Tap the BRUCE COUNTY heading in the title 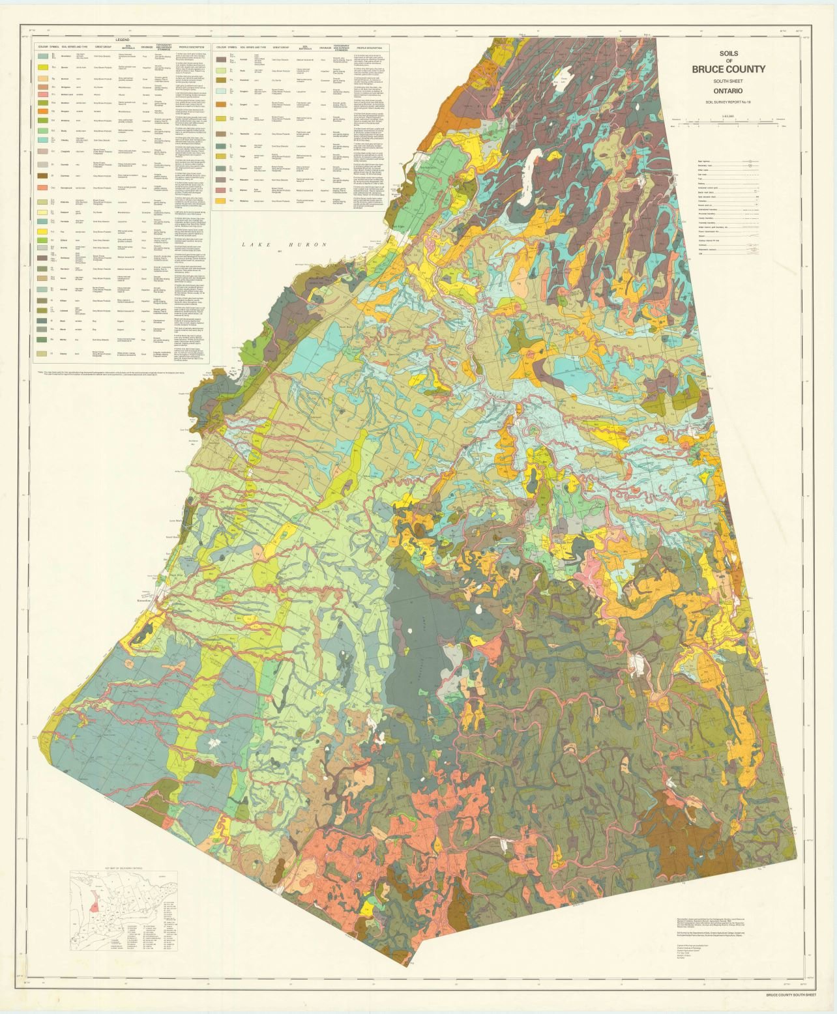728,69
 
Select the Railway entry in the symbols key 704,183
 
